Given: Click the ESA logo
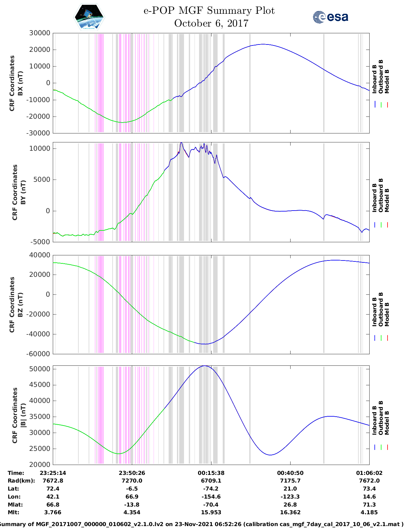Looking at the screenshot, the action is coord(330,17).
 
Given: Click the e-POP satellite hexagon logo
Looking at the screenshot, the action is coord(89,17).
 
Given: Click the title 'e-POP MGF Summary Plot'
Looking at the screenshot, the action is coord(209,11).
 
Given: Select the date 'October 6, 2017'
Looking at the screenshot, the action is coord(211,23).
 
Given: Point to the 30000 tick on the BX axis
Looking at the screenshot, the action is coord(40,33).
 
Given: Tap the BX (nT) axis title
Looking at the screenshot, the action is coord(20,83).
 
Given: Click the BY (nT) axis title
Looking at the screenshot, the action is coord(23,192).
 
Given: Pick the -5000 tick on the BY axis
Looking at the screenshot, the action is coord(40,242).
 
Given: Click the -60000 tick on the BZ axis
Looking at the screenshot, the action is coord(38,354).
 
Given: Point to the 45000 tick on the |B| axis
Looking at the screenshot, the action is coord(40,385).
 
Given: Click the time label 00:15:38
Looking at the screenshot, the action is coord(211,473).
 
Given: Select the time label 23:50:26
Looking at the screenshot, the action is coord(132,473).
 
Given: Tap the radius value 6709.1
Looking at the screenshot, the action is coord(211,481).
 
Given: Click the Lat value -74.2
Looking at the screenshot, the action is coord(211,489).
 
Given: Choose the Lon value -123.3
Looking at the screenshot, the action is coord(290,497).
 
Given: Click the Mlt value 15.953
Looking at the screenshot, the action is coord(211,512).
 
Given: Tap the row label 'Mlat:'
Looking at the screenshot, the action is coord(15,505).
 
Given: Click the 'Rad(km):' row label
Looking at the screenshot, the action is coord(21,481).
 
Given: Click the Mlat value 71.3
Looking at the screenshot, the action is coord(369,505).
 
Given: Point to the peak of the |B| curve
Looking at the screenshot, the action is coord(205,366).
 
